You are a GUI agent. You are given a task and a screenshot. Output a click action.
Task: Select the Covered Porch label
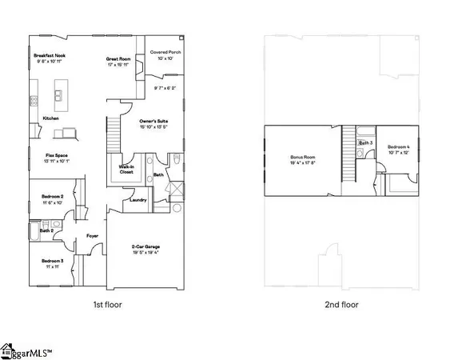[165, 53]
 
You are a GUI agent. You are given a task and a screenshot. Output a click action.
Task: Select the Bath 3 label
[364, 143]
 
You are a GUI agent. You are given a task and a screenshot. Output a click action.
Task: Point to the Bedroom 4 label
[399, 148]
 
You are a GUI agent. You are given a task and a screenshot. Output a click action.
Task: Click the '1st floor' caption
[108, 304]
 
